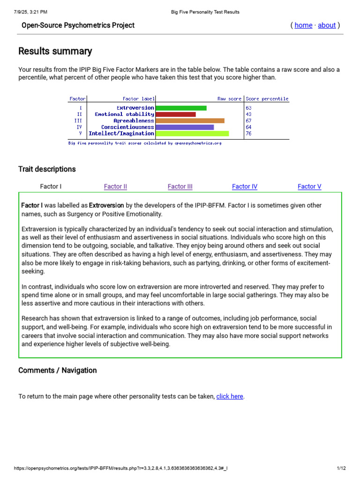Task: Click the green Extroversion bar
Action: click(181, 108)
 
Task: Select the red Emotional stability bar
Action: click(175, 114)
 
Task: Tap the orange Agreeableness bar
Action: click(190, 120)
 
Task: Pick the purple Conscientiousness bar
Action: click(184, 127)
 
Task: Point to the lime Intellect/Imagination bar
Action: click(192, 134)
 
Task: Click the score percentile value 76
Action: click(248, 134)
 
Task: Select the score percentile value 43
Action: click(248, 114)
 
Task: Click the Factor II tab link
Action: click(115, 187)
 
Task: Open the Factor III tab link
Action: click(180, 187)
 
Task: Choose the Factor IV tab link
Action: click(245, 187)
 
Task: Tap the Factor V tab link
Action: click(309, 187)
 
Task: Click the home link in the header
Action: click(303, 25)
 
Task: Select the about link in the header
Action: click(327, 25)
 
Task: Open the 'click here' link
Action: click(230, 397)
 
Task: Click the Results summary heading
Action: click(55, 52)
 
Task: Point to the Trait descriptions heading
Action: click(47, 169)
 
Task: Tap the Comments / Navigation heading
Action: click(58, 370)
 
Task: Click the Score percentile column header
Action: click(267, 99)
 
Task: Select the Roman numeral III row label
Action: click(78, 120)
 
